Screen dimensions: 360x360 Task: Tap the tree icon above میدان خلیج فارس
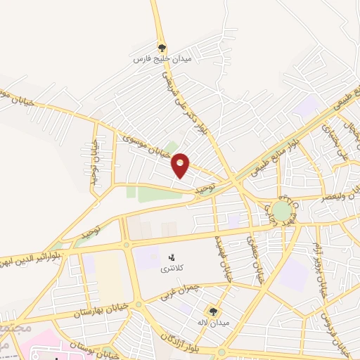(x=162, y=48)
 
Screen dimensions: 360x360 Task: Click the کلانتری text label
(x=172, y=269)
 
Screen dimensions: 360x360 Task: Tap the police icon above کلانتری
(x=173, y=257)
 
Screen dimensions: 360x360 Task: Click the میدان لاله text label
(x=214, y=322)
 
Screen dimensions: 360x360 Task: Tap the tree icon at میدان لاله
(x=214, y=311)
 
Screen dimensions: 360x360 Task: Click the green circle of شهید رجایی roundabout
(x=282, y=212)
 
